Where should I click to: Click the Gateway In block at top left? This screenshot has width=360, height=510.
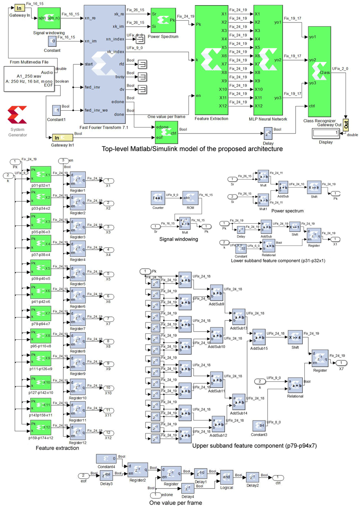point(19,8)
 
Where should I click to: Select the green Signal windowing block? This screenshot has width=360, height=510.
point(49,18)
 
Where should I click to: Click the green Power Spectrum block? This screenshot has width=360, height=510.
point(163,20)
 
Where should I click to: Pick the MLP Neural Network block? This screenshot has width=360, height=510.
point(268,60)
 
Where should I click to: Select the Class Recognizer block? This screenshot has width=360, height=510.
point(319,72)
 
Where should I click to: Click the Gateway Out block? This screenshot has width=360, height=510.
point(346,124)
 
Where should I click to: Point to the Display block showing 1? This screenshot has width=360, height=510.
point(326,133)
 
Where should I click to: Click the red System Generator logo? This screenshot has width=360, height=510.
point(17,115)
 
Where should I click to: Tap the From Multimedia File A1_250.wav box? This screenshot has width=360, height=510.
point(29,79)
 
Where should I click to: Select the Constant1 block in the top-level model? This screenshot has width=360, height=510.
point(56,110)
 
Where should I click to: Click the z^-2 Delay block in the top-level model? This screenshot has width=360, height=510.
point(268,133)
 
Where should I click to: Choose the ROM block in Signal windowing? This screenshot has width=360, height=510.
point(190,198)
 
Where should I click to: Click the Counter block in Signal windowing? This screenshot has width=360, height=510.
point(158,198)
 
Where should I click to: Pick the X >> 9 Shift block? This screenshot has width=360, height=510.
point(314,188)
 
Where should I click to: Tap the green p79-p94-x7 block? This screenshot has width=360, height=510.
point(41,314)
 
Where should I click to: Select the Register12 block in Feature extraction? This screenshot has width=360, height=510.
point(78,432)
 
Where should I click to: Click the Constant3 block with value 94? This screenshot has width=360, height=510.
point(259,426)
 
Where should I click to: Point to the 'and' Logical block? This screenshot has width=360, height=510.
point(226,477)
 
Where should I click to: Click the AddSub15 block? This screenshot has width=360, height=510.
point(259,338)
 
